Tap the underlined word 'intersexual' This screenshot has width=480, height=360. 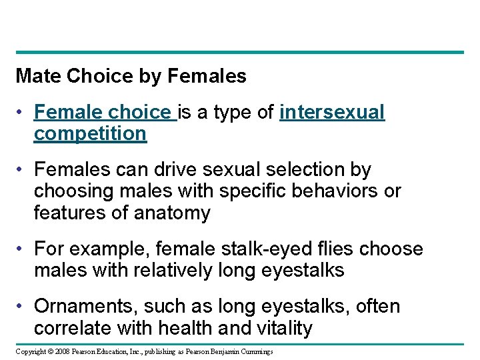[x=332, y=113]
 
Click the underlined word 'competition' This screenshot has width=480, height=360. [x=90, y=133]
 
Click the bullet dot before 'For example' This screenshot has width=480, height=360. [x=21, y=249]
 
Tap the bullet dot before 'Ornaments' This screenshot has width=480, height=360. [x=21, y=307]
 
